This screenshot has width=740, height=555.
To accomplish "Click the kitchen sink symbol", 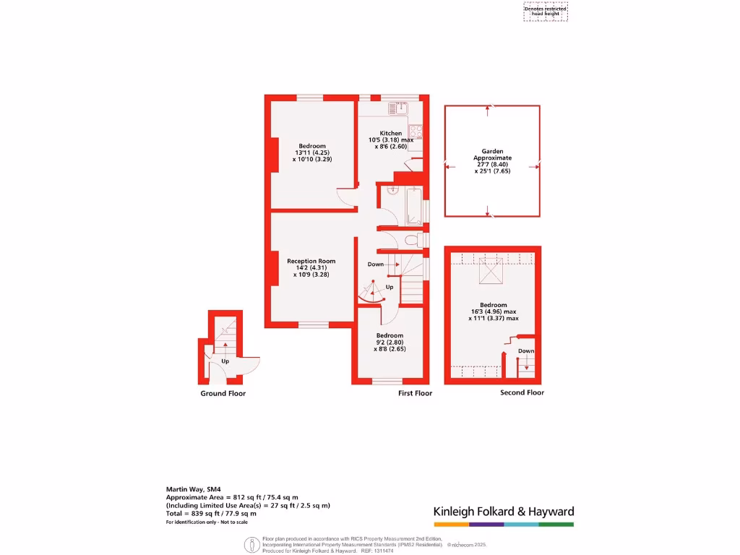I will (398, 108).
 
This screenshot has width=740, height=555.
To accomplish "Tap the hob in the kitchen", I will (416, 132).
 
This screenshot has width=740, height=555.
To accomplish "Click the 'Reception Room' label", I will (311, 262).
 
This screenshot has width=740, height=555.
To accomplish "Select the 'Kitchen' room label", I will (391, 133).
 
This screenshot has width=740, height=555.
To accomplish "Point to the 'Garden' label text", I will (492, 152).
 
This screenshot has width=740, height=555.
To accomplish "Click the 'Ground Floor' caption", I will (223, 394).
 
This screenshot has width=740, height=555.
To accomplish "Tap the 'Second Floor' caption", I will (522, 392).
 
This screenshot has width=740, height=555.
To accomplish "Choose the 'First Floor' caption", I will (415, 394).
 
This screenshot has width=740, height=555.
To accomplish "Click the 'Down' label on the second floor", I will (526, 351).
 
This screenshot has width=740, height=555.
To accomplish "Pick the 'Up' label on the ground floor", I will (225, 361).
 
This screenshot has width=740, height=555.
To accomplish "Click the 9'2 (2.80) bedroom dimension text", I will (390, 343).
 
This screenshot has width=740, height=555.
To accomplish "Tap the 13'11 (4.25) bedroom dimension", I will (311, 152).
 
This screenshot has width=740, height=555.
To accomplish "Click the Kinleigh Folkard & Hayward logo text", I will (504, 512).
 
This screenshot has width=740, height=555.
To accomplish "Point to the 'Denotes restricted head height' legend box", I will (546, 12).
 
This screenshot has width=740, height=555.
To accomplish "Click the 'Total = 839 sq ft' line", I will (211, 513).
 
